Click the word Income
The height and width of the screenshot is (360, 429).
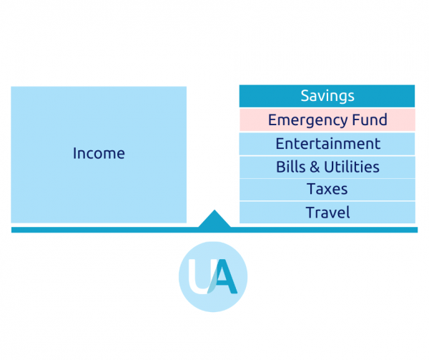point(99,153)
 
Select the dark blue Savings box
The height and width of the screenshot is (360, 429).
point(327,96)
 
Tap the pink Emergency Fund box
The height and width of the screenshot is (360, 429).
point(327,120)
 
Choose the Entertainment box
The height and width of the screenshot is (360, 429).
point(327,144)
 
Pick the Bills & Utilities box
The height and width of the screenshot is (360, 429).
point(327,167)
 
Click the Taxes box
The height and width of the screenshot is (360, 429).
point(327,190)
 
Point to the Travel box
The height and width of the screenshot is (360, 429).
point(327,213)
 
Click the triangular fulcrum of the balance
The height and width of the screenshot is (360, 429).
point(214,220)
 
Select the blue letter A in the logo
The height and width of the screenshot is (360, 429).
point(225,276)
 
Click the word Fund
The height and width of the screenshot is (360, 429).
point(370,120)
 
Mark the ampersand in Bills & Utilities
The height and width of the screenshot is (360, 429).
point(315,167)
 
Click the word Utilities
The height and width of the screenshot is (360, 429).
point(352,167)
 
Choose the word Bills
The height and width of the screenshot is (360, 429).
point(290,167)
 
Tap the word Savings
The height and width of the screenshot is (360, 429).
point(327,96)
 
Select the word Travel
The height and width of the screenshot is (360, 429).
point(327,213)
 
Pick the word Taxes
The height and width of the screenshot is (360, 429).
point(327,189)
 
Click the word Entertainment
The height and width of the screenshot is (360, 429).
point(327,144)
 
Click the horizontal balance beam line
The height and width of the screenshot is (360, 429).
point(214,230)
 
